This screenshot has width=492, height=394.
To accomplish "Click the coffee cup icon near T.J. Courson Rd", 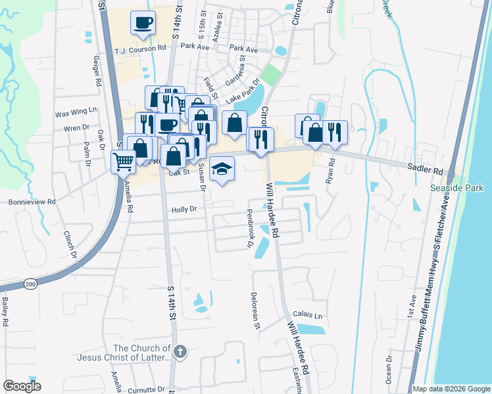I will [143, 24].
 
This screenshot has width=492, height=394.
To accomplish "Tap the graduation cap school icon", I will [222, 169].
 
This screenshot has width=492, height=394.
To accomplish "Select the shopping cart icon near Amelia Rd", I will [123, 161].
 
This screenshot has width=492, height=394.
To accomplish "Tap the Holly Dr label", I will [184, 209].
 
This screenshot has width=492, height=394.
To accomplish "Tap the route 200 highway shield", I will [30, 284].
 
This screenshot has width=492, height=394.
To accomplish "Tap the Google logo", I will [22, 386].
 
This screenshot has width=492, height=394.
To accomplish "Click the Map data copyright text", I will [451, 389].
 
